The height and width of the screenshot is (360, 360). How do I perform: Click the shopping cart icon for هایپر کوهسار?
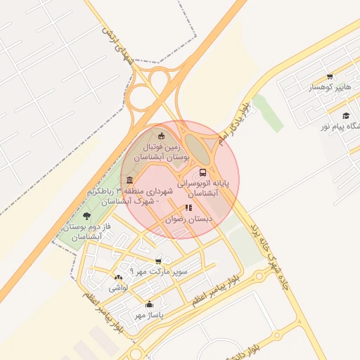(330, 77)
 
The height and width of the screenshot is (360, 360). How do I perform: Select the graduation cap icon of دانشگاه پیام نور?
(345, 115)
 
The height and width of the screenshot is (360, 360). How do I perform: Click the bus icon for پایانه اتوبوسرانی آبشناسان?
(203, 172)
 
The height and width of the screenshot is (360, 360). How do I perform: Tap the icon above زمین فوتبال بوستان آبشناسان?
(162, 136)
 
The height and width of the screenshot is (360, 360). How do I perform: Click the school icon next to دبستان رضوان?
(188, 208)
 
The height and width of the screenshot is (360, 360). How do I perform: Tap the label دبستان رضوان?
(189, 219)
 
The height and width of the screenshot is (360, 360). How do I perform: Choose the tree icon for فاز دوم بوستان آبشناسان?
(86, 216)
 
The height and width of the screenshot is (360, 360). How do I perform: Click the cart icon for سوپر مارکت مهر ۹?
(158, 261)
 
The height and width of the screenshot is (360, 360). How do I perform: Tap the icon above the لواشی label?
(117, 278)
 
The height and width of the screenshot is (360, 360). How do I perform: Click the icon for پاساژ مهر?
(149, 304)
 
